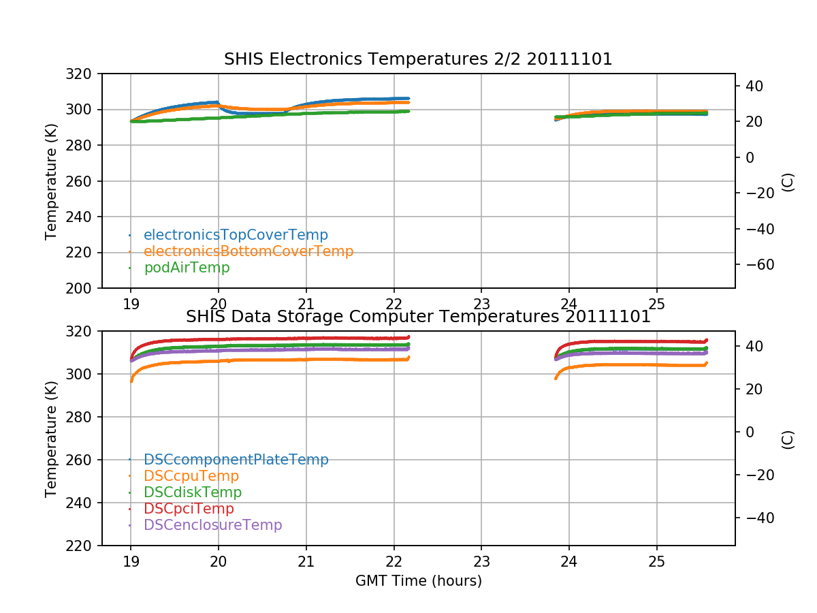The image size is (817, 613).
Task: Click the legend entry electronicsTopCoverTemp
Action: pos(236,235)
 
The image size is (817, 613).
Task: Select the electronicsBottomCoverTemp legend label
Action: pos(249,251)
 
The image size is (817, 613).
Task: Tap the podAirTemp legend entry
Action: pos(187,268)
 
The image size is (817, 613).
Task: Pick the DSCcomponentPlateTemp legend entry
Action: pos(236,460)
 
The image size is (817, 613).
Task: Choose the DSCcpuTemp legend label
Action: pos(191,476)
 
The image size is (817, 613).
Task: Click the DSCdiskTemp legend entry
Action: pos(193,492)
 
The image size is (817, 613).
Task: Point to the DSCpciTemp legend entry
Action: pos(189,509)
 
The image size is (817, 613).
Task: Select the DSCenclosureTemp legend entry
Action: pos(212,525)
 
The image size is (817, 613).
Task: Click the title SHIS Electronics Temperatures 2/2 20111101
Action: pos(418,59)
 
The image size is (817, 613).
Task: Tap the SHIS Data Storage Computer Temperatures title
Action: pos(418,317)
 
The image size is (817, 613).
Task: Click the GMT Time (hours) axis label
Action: pos(418,581)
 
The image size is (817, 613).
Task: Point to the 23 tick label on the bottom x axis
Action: pos(481,562)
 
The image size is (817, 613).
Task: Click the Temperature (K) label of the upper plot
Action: pos(51,180)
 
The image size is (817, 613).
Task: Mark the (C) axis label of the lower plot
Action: pos(788,439)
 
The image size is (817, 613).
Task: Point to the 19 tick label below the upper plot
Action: pos(131,304)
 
